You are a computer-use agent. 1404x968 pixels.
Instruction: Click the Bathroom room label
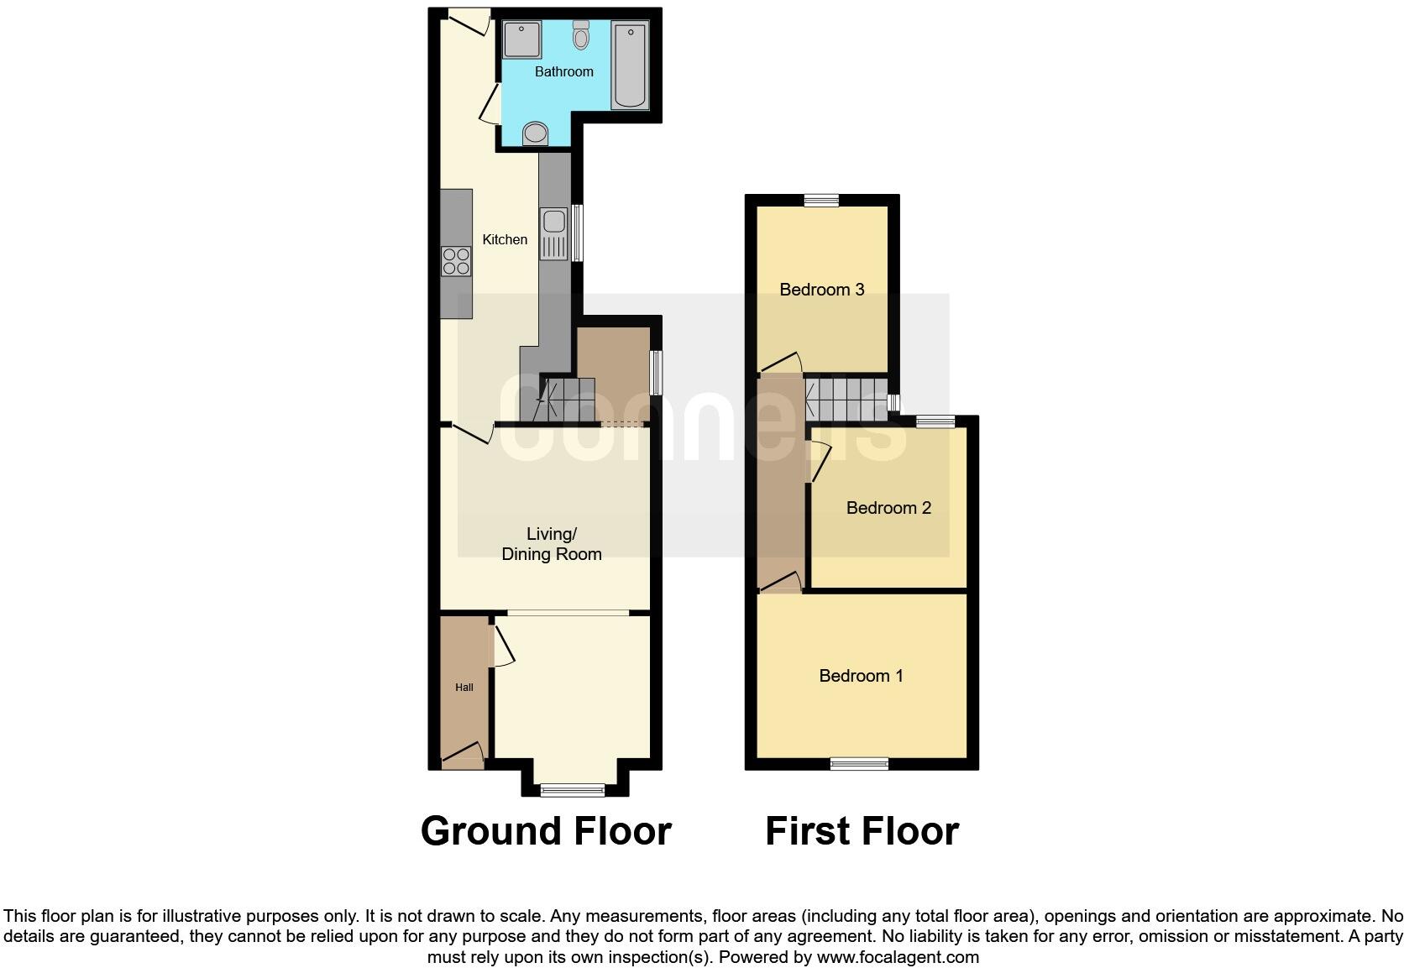tap(564, 72)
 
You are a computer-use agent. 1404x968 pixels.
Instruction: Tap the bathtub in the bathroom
tap(630, 66)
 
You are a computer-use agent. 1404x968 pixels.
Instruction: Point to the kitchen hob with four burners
tap(456, 261)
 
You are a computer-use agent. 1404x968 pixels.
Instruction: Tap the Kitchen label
tap(505, 240)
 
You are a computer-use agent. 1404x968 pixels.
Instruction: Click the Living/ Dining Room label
tap(552, 544)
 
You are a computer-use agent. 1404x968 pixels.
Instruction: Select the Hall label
tap(464, 688)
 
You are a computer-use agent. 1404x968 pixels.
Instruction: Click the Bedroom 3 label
tap(821, 290)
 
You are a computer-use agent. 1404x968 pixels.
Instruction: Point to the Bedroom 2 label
tap(888, 508)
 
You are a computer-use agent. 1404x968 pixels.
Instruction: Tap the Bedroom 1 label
tap(861, 676)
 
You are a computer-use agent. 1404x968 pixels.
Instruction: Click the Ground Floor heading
tap(546, 831)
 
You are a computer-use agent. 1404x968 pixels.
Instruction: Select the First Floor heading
tap(862, 831)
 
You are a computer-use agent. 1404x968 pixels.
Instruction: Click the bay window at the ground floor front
tap(572, 789)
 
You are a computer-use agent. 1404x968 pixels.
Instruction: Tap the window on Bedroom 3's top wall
tap(821, 200)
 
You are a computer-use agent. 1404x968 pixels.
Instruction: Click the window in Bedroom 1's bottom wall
tap(859, 764)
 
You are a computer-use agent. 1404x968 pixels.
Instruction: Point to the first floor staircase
tap(846, 398)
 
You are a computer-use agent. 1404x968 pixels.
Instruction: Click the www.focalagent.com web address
tap(898, 957)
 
